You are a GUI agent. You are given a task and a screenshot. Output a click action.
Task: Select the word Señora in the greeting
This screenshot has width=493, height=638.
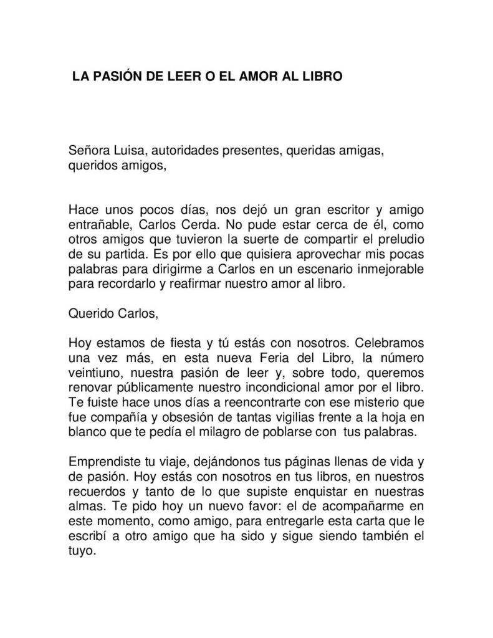click(x=89, y=153)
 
